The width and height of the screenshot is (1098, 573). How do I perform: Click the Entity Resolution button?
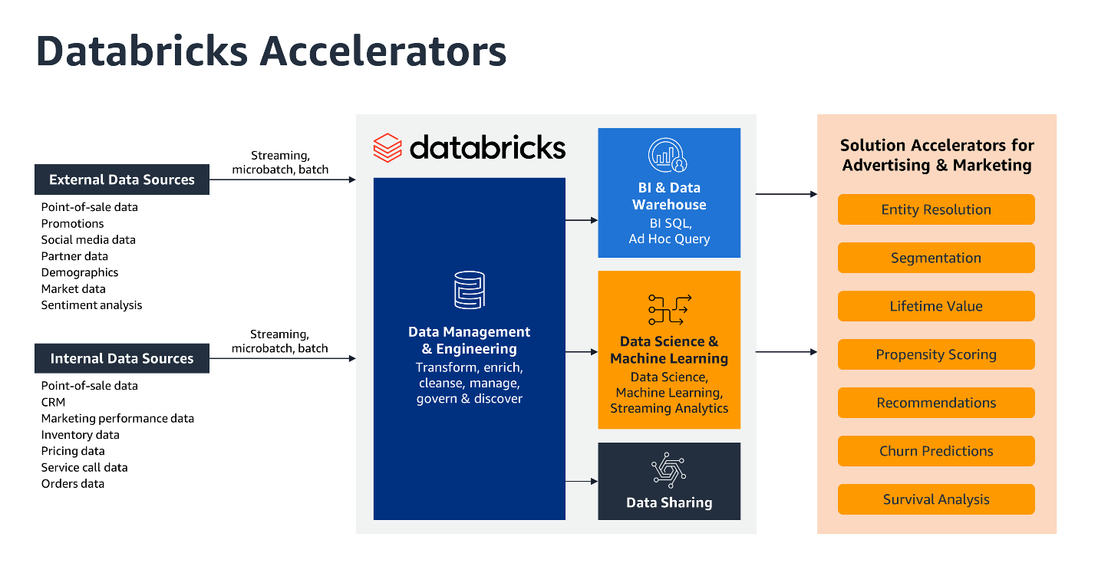(x=935, y=209)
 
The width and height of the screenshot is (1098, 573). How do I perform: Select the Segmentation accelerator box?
(x=935, y=258)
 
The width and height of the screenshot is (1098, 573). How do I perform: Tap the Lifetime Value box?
(x=935, y=306)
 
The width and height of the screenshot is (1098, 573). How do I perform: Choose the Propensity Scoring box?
(x=935, y=354)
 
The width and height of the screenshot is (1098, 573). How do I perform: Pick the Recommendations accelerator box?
(x=935, y=403)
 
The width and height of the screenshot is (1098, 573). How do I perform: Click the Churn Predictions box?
(x=935, y=451)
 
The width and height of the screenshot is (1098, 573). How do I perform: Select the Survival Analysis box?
(x=935, y=499)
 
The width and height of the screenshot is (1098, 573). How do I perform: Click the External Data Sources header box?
(x=122, y=179)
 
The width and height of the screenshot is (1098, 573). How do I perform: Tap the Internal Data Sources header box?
(x=122, y=358)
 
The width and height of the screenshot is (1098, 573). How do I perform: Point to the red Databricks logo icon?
(x=387, y=147)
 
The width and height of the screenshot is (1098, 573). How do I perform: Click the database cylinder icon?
(x=469, y=291)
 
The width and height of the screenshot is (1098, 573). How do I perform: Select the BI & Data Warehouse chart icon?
(x=668, y=156)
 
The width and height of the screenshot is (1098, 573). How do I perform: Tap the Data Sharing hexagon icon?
(x=668, y=470)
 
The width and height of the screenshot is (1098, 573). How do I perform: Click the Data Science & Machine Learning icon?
(x=668, y=309)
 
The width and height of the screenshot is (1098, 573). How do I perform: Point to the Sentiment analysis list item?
(x=91, y=305)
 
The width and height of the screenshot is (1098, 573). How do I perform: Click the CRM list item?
(x=53, y=402)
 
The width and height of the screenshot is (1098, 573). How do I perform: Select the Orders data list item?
(x=72, y=483)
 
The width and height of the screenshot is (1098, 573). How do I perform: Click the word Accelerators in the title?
(x=383, y=51)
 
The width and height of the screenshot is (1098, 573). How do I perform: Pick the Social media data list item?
(x=88, y=239)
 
